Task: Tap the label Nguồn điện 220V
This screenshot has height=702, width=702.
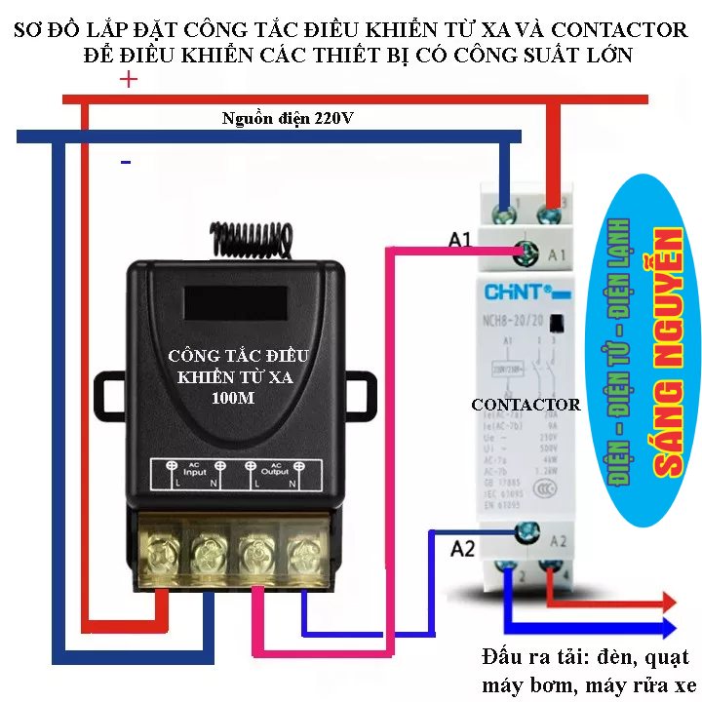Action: pos(289,119)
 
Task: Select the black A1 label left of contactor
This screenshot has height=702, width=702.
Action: pos(461,239)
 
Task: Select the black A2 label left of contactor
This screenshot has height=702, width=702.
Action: pos(463,549)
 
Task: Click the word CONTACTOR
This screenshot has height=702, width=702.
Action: pos(526,405)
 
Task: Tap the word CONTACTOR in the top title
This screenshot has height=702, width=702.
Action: pos(617,30)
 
